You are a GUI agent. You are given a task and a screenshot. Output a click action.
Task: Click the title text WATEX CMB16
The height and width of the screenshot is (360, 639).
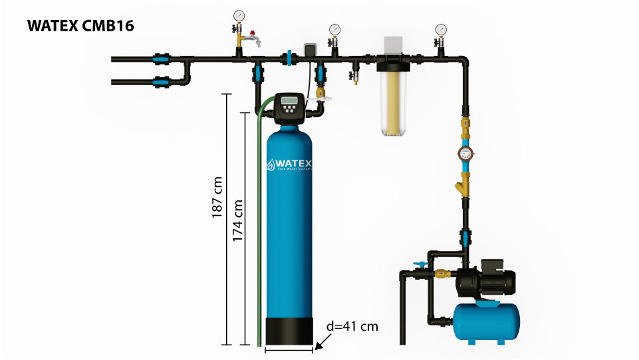click(x=80, y=27)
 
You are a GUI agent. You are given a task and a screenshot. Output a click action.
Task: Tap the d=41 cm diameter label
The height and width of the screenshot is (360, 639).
click(x=352, y=326)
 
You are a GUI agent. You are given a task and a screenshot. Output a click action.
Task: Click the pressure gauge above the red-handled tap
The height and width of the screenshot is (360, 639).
click(x=239, y=16)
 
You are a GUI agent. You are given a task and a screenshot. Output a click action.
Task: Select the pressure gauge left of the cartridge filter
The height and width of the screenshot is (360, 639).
click(x=334, y=29)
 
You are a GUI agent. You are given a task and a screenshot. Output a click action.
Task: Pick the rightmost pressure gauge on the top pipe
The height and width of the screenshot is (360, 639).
click(x=441, y=29)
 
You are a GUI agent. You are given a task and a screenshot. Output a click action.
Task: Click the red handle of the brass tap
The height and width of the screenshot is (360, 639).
click(x=251, y=31)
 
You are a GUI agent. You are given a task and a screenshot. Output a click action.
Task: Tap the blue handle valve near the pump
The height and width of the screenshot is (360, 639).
click(x=419, y=265)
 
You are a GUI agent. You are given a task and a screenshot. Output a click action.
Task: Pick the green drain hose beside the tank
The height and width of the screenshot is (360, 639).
click(x=259, y=226)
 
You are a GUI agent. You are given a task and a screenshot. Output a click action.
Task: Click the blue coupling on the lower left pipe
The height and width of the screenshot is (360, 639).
click(x=160, y=83)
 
